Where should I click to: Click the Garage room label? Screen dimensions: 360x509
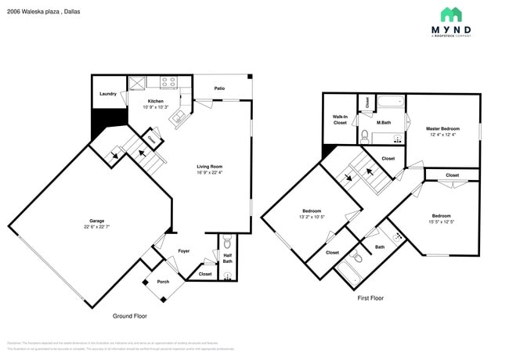tap(97, 221)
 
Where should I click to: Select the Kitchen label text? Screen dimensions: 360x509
tap(156, 102)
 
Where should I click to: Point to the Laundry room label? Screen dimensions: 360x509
tap(108, 94)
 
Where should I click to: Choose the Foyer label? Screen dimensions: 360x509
tap(184, 251)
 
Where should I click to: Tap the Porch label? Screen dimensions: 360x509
tap(163, 282)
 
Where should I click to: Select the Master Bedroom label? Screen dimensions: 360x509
tap(442, 128)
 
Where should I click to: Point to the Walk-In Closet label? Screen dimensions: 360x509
tap(340, 120)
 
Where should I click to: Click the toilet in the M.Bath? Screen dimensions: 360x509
tap(365, 135)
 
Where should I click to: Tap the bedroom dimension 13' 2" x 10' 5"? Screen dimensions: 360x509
tap(312, 218)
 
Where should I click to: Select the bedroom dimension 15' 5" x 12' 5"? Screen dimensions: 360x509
tap(441, 222)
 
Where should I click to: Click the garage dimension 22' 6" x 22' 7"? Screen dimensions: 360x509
tap(97, 227)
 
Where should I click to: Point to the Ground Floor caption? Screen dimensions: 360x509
tap(129, 316)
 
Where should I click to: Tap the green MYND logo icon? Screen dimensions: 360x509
tap(450, 14)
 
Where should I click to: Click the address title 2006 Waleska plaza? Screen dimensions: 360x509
tap(39, 13)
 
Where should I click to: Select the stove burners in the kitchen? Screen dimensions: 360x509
tap(168, 80)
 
